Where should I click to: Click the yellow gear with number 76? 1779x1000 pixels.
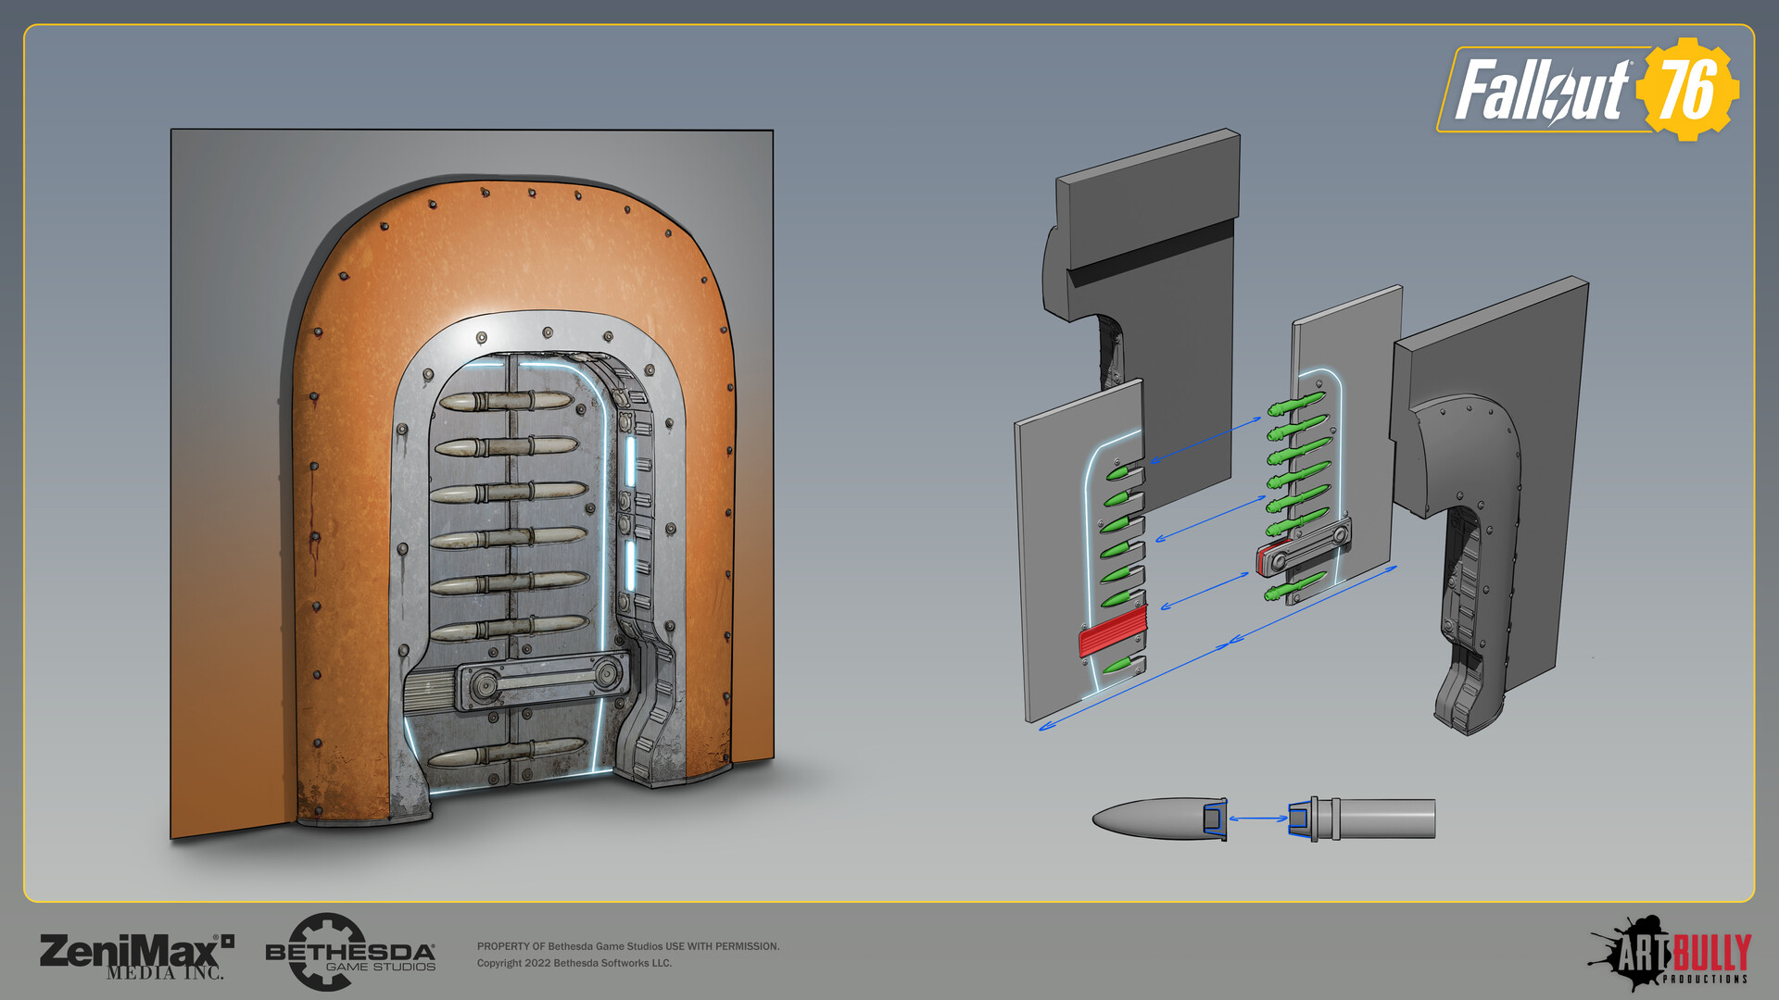1687,89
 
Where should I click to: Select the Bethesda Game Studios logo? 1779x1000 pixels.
349,954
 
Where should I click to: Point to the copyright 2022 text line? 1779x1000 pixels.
574,963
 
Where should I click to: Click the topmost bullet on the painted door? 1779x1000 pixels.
505,402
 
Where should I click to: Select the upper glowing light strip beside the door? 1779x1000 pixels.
630,460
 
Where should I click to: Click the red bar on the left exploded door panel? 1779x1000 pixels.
1113,632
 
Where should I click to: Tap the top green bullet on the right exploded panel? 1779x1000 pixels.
1296,404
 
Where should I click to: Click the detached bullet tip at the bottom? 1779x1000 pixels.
1154,819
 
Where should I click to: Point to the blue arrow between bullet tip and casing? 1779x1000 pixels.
1257,819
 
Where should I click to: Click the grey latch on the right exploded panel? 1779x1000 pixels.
1303,549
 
